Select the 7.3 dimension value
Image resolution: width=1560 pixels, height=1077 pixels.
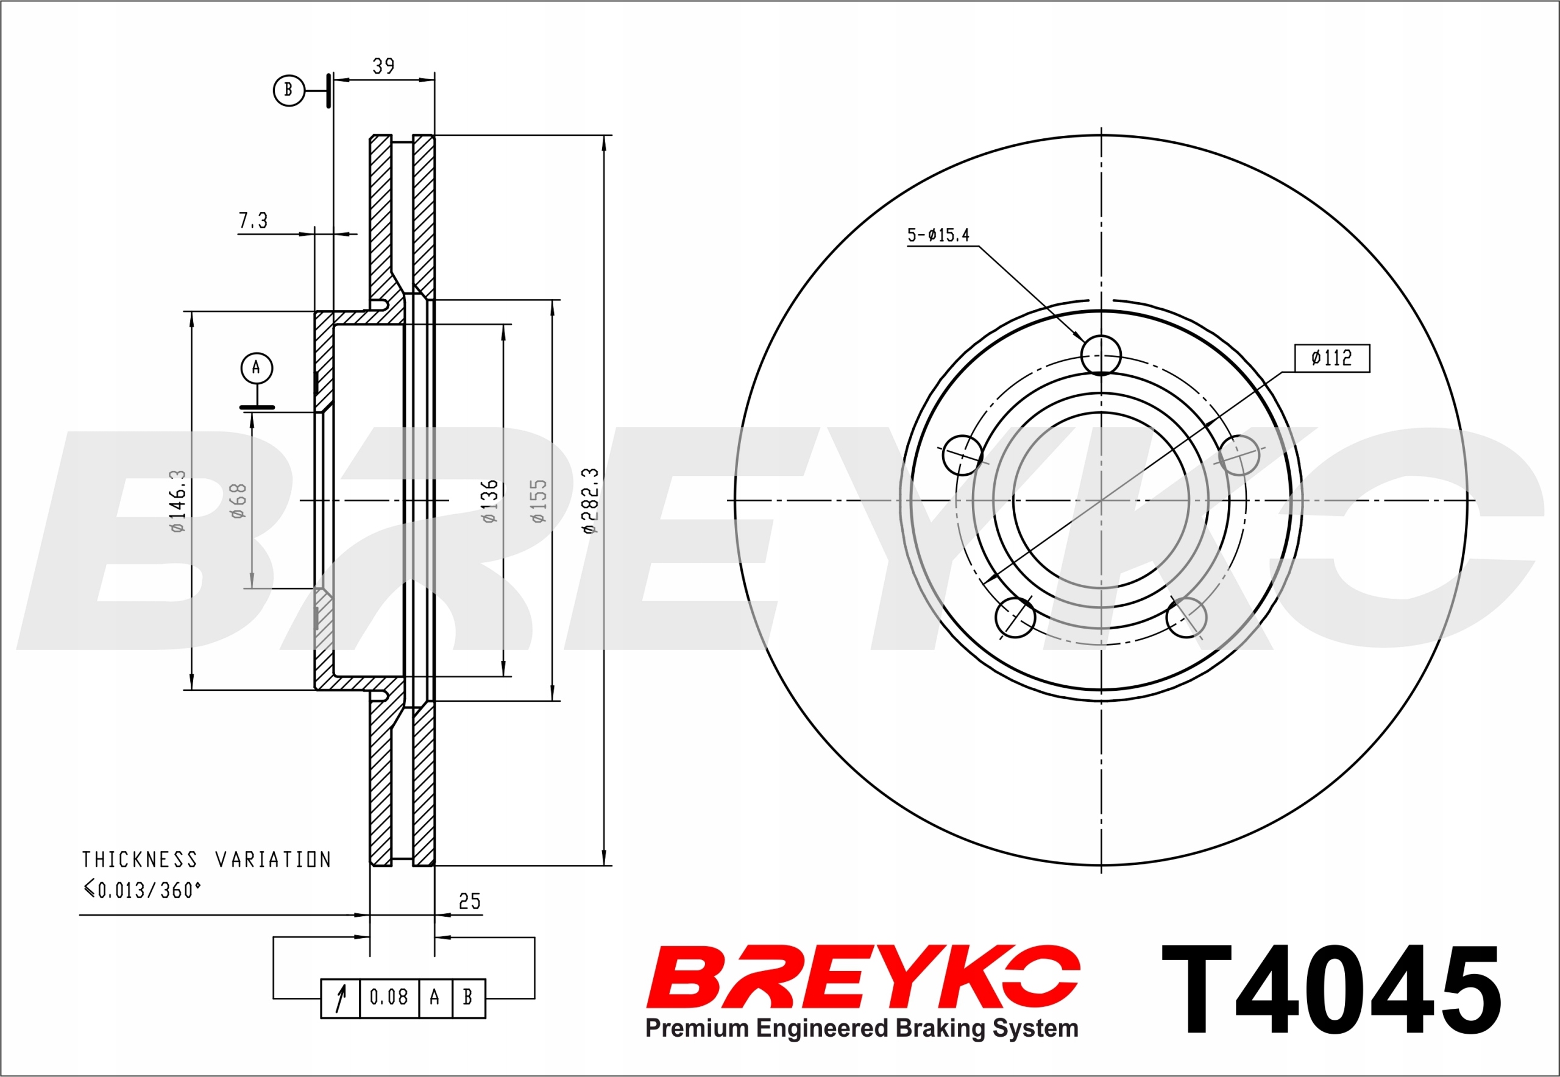tap(253, 220)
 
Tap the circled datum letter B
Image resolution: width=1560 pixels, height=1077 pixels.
tap(289, 90)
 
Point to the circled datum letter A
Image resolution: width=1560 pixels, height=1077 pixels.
tap(257, 368)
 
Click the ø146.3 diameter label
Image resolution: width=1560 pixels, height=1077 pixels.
tap(177, 501)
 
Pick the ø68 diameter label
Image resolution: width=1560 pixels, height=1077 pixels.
tap(238, 501)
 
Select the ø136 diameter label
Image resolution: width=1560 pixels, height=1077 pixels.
tap(489, 501)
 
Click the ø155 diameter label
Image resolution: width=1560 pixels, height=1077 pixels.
tap(538, 501)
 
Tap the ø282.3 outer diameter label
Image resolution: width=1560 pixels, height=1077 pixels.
tap(590, 501)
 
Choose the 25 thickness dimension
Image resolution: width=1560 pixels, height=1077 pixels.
tap(469, 902)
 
